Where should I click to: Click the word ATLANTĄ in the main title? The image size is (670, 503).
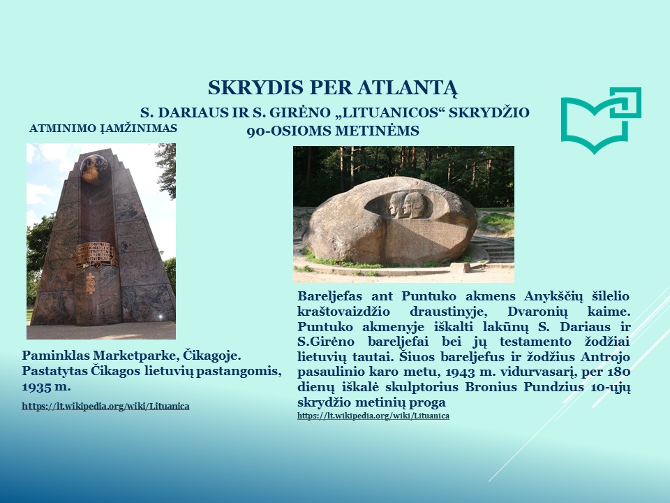[408, 88]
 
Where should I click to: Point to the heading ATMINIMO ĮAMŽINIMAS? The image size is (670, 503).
[103, 129]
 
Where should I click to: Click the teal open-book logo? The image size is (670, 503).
[600, 120]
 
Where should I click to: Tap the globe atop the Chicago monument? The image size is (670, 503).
[94, 168]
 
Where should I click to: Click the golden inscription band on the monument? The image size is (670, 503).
[96, 254]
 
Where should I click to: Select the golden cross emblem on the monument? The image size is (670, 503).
[90, 283]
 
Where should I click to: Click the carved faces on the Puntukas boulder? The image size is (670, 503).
[406, 205]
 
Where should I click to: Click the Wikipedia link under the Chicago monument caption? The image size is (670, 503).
[105, 406]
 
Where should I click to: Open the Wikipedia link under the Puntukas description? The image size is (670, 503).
[373, 415]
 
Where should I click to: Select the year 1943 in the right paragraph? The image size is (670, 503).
[460, 372]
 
